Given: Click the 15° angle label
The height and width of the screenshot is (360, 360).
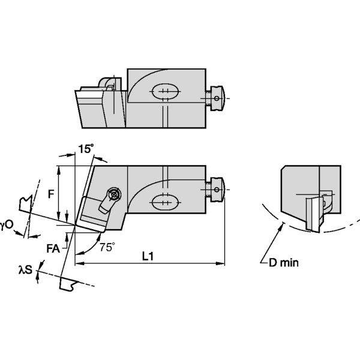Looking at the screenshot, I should pos(86,149).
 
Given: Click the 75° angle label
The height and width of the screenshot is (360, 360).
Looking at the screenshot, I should pos(106,246).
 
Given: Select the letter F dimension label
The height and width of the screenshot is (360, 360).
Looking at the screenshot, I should pos(52,194).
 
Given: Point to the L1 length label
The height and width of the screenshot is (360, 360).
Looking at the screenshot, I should pos(148,256).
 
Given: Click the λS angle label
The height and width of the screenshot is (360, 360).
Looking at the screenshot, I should pos(24,271).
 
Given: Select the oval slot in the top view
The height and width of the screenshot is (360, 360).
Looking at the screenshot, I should pos(165,92).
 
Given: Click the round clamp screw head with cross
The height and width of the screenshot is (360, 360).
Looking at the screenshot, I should pos(112,194).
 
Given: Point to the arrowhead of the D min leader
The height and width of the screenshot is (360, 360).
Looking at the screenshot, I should pos(281,224).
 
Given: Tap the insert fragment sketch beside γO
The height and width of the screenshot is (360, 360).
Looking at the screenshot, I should pos(25,204).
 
